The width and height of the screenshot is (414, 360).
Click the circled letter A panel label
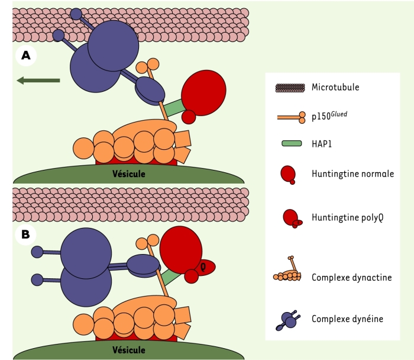tap(26, 56)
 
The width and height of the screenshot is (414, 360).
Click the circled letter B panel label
tap(25, 234)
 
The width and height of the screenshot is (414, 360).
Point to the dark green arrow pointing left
tap(38, 81)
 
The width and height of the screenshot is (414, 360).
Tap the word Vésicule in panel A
tap(128, 174)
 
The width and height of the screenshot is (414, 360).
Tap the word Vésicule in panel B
tap(128, 350)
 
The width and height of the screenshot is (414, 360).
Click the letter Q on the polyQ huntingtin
tap(203, 268)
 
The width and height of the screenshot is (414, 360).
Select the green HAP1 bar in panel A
tap(174, 108)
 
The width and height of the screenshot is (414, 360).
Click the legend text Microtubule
tap(335, 87)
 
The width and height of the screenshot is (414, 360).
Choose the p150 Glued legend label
tap(329, 116)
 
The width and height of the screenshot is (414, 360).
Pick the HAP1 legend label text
tap(322, 144)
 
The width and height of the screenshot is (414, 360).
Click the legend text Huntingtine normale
tap(352, 173)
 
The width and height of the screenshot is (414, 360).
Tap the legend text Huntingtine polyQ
tap(348, 217)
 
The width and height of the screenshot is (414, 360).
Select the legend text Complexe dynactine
tap(352, 277)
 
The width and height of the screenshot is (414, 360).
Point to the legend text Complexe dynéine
tap(348, 319)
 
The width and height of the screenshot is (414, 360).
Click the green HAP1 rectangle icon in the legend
tap(292, 143)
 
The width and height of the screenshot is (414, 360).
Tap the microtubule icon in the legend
tap(290, 88)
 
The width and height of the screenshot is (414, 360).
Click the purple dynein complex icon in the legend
tap(288, 320)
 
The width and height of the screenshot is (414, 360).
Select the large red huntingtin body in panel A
tap(203, 93)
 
